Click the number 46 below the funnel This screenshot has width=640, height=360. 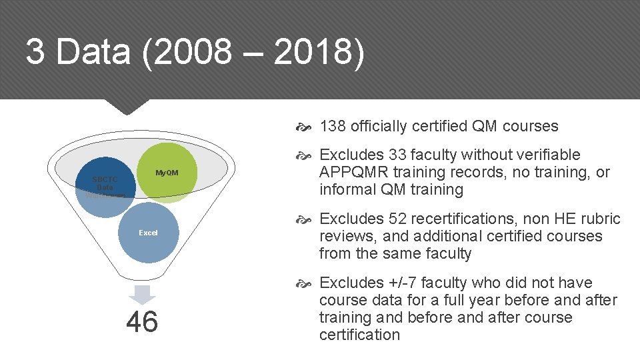[142, 321]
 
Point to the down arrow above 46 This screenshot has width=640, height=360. [142, 294]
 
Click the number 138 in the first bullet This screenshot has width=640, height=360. [333, 127]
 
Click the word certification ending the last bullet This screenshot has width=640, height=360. [359, 335]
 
